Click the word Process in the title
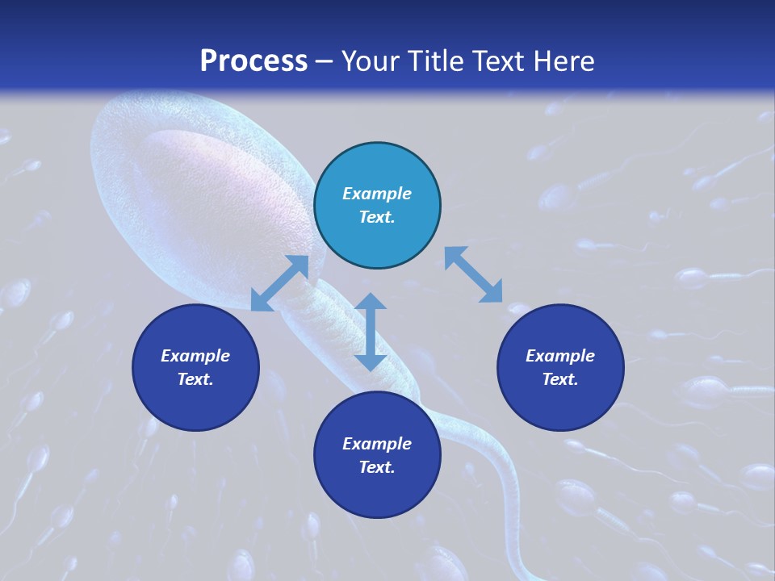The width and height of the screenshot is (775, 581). point(253,61)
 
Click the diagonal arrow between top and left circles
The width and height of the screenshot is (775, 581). point(279,283)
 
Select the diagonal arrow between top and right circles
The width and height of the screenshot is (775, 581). point(473,275)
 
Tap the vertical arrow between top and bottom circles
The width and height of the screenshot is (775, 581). point(371,332)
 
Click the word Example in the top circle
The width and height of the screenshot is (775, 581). point(377,194)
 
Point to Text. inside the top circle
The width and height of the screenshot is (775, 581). point(377,217)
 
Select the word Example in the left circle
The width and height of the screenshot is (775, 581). point(195,356)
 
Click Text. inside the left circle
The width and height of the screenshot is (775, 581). point(195,379)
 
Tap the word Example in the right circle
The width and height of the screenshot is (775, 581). point(560,356)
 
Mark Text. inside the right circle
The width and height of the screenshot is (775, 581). point(560,379)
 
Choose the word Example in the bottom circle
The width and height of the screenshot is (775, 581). point(377,444)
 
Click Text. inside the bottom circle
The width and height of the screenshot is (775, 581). point(377,467)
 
